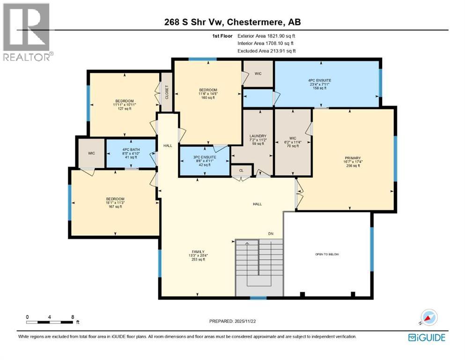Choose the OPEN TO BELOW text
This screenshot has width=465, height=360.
tap(327, 254)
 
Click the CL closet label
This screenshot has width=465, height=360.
tap(241, 171)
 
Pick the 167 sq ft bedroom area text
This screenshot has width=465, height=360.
tap(115, 206)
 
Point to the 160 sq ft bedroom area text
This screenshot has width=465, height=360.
tap(207, 97)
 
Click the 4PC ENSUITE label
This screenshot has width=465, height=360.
tap(319, 80)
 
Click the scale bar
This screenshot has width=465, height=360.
tap(50, 322)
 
